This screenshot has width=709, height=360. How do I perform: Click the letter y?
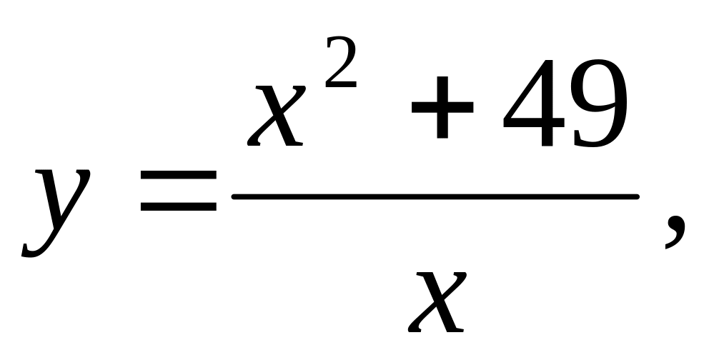click(57, 207)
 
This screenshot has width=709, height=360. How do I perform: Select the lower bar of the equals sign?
click(178, 209)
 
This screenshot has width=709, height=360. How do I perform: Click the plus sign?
click(442, 108)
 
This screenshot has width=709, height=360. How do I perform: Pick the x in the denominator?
click(437, 300)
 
